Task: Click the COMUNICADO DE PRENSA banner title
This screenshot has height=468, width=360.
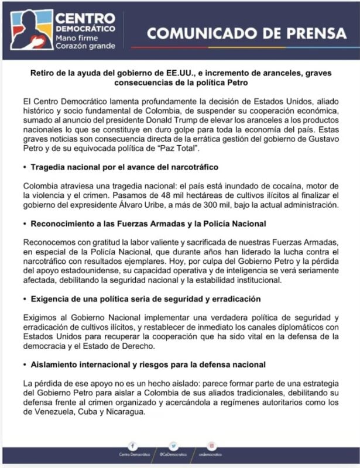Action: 246,33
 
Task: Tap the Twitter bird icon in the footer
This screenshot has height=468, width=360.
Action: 173,445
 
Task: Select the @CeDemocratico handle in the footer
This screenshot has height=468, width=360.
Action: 173,455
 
